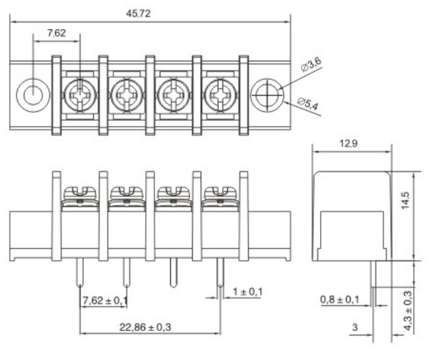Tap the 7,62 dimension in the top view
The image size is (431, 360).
point(57,32)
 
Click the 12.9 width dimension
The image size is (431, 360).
point(350,144)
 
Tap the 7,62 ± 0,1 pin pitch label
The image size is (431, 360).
point(104,302)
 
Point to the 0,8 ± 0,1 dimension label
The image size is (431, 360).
point(339,301)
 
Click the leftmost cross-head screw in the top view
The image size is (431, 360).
point(80,96)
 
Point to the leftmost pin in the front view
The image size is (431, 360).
point(80,272)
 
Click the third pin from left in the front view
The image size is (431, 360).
point(174,272)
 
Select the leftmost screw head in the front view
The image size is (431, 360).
point(80,192)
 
